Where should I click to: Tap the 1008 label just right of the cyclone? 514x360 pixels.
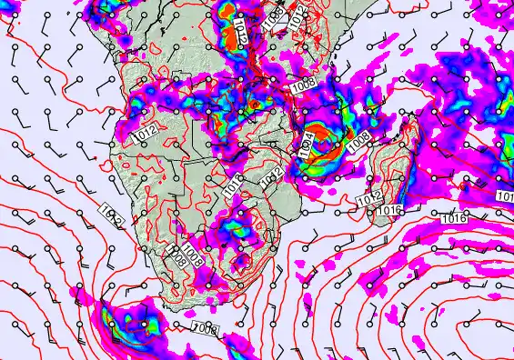[x=358, y=140]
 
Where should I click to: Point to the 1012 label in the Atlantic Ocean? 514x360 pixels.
[x=112, y=216]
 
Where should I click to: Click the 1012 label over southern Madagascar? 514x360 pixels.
[x=368, y=199]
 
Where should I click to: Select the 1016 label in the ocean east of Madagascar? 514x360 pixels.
[x=454, y=218]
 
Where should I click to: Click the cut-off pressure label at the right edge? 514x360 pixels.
[x=506, y=196]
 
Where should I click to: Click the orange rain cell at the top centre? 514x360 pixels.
[x=225, y=13]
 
